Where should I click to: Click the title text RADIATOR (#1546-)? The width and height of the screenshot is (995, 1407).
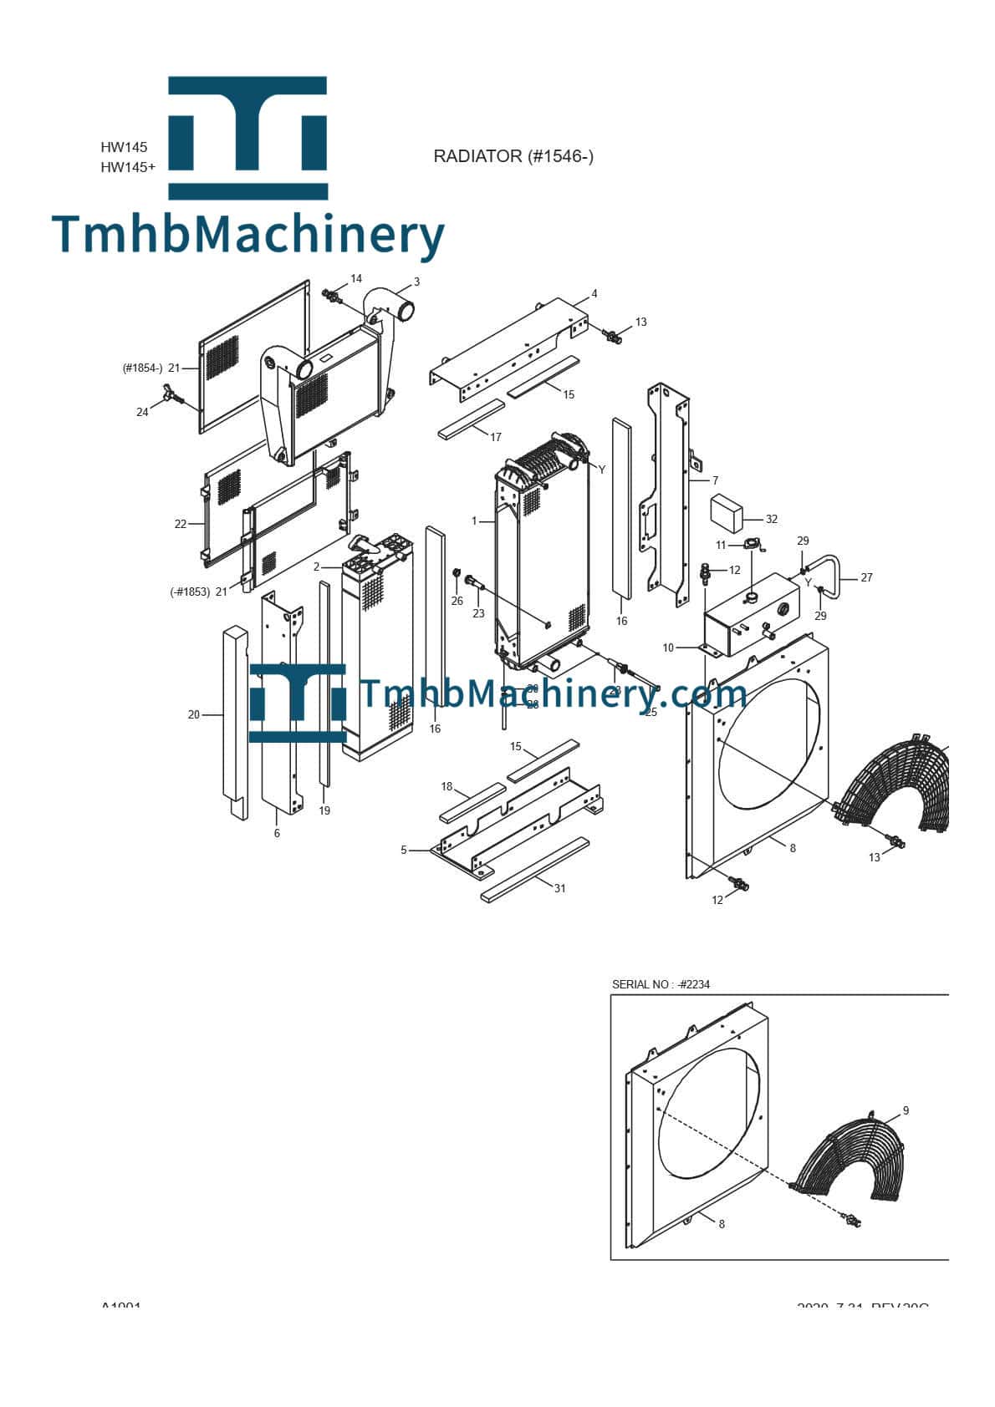click(x=513, y=156)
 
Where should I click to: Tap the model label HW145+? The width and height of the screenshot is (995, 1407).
click(x=128, y=167)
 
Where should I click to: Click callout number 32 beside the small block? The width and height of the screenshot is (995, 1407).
click(x=771, y=519)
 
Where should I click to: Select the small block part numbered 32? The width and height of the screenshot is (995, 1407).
click(x=728, y=512)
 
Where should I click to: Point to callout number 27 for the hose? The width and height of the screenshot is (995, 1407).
click(x=866, y=577)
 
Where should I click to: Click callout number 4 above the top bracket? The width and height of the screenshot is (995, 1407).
click(x=594, y=294)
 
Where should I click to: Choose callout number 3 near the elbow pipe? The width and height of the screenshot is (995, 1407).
click(x=416, y=282)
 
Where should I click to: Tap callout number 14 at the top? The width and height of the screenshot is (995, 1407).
click(x=356, y=278)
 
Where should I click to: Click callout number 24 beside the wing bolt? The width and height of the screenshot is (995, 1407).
click(x=142, y=412)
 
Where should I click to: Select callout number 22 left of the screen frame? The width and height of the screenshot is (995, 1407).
click(x=181, y=524)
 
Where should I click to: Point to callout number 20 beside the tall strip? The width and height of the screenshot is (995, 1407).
click(x=194, y=714)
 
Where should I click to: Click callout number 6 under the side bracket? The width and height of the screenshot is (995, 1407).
click(x=277, y=833)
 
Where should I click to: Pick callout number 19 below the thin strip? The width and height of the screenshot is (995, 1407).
click(x=324, y=810)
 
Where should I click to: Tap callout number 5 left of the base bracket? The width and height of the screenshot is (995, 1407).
click(x=404, y=850)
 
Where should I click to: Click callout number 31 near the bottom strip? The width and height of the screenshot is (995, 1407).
click(x=560, y=888)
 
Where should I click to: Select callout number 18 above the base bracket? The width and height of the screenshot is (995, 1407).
click(x=446, y=786)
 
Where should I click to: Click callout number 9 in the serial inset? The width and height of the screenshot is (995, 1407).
click(x=906, y=1110)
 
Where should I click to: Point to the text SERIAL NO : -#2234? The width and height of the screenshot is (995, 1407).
click(x=661, y=984)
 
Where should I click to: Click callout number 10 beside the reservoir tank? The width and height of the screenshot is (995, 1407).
click(x=668, y=648)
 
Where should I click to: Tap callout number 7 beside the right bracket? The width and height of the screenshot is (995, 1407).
click(x=716, y=480)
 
